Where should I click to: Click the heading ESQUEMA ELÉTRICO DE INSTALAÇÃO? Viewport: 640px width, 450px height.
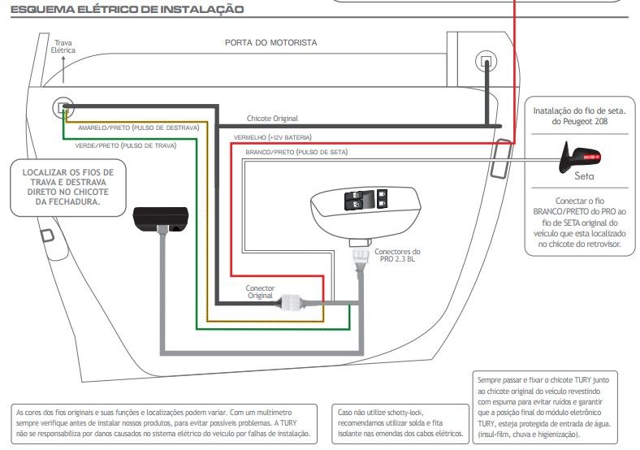[x=128, y=9]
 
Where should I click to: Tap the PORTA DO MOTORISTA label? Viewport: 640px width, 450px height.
[x=270, y=42]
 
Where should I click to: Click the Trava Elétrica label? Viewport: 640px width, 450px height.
[x=63, y=46]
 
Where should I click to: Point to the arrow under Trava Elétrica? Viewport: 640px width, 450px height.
[x=63, y=69]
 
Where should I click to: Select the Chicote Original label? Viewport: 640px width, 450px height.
[x=272, y=119]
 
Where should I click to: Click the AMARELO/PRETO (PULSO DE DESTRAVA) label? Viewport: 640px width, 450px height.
[x=139, y=128]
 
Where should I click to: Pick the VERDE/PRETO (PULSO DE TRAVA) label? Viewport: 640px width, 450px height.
[x=126, y=145]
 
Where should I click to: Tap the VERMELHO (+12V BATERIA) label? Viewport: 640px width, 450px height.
[x=273, y=137]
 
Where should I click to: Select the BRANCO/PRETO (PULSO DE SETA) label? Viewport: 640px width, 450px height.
[x=296, y=152]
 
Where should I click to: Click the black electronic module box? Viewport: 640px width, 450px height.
[x=161, y=219]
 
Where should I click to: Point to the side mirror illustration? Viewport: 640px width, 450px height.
[x=580, y=158]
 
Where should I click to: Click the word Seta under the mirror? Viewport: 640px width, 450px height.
[x=584, y=176]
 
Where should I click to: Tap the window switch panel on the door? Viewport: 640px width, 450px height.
[x=365, y=211]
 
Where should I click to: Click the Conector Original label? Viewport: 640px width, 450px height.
[x=260, y=292]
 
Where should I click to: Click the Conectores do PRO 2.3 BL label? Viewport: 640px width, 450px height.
[x=397, y=255]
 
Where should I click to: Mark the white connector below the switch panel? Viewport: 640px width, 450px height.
[x=361, y=257]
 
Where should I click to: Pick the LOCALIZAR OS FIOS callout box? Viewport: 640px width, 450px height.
[x=68, y=187]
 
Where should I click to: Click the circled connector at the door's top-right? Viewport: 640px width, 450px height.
[x=486, y=61]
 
